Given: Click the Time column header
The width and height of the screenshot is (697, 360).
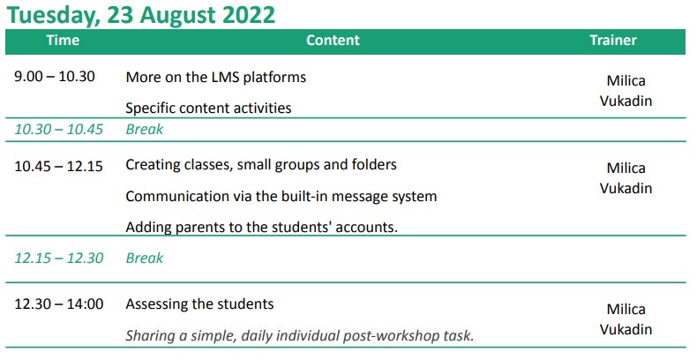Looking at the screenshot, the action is (63, 41).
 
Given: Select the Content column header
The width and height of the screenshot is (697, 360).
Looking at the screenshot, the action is (333, 41).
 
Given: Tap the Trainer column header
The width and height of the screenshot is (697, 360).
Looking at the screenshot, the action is (613, 41).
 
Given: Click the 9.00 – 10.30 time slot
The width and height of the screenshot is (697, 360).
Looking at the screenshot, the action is (55, 77).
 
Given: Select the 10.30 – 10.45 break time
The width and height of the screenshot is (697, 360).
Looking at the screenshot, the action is (59, 130).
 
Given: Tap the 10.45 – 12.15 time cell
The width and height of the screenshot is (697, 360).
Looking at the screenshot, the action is (59, 166).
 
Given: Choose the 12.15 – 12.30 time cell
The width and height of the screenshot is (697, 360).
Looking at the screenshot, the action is (59, 258).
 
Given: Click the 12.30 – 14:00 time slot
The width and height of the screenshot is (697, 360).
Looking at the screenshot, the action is (59, 304).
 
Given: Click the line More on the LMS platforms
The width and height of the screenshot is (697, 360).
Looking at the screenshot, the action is (216, 78).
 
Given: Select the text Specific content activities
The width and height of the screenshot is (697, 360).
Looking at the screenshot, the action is (208, 108).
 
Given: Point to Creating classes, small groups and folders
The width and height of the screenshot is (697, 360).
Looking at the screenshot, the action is (261, 165).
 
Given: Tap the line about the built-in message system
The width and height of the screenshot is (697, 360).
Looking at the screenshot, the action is (281, 197).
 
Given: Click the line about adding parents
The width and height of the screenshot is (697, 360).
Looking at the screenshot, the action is (261, 227).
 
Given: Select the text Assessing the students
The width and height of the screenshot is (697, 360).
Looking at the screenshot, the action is (199, 304).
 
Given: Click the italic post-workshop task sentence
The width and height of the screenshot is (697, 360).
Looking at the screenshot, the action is (300, 335).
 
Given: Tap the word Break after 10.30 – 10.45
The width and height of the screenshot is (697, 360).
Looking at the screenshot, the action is (145, 130).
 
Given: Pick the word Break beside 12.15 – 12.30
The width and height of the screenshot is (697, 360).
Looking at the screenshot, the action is (145, 258).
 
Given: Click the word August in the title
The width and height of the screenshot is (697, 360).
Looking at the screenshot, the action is (178, 16).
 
